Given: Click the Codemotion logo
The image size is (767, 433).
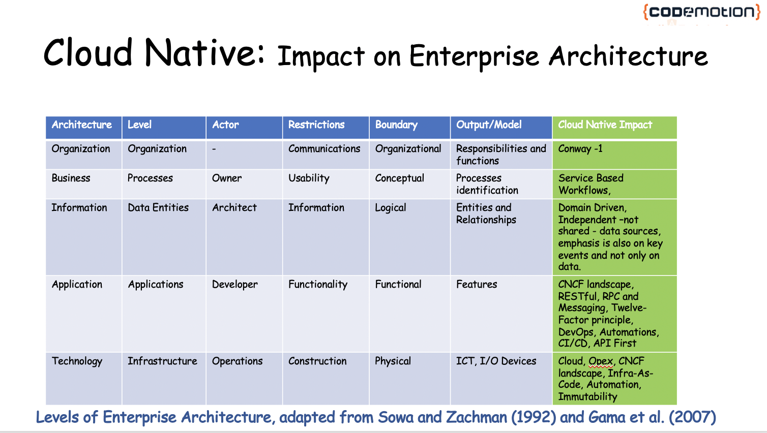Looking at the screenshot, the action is [x=701, y=12].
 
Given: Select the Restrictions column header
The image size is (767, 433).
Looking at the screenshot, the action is [x=326, y=127].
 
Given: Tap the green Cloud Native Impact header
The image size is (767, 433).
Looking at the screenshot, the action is [x=614, y=127].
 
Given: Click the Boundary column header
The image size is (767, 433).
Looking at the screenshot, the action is [x=409, y=127].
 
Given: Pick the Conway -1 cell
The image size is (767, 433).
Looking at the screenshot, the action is [x=614, y=155].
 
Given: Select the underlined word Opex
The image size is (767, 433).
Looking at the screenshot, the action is [x=601, y=361].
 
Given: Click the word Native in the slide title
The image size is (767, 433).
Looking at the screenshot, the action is [x=204, y=52].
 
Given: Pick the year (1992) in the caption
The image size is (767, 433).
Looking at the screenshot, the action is [x=534, y=417].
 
